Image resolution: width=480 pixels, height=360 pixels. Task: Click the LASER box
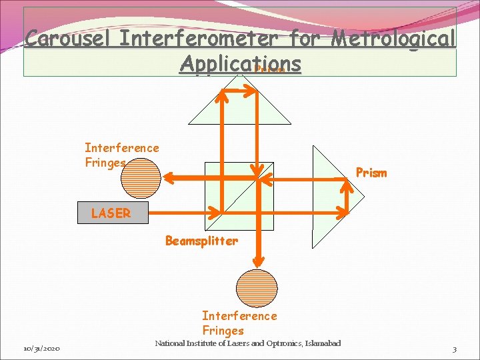tap(110, 213)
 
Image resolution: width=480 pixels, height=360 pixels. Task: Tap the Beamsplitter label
tap(201, 241)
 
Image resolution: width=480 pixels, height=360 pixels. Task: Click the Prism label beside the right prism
tap(371, 173)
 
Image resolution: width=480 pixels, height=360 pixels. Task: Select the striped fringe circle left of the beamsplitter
tap(141, 177)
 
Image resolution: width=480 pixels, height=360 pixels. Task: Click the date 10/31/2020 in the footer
tap(42, 349)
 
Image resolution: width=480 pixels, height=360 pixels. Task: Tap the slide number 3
tap(454, 349)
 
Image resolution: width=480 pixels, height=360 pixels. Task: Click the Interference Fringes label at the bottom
tap(239, 323)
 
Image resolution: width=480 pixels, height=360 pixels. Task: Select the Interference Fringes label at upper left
tap(121, 155)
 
